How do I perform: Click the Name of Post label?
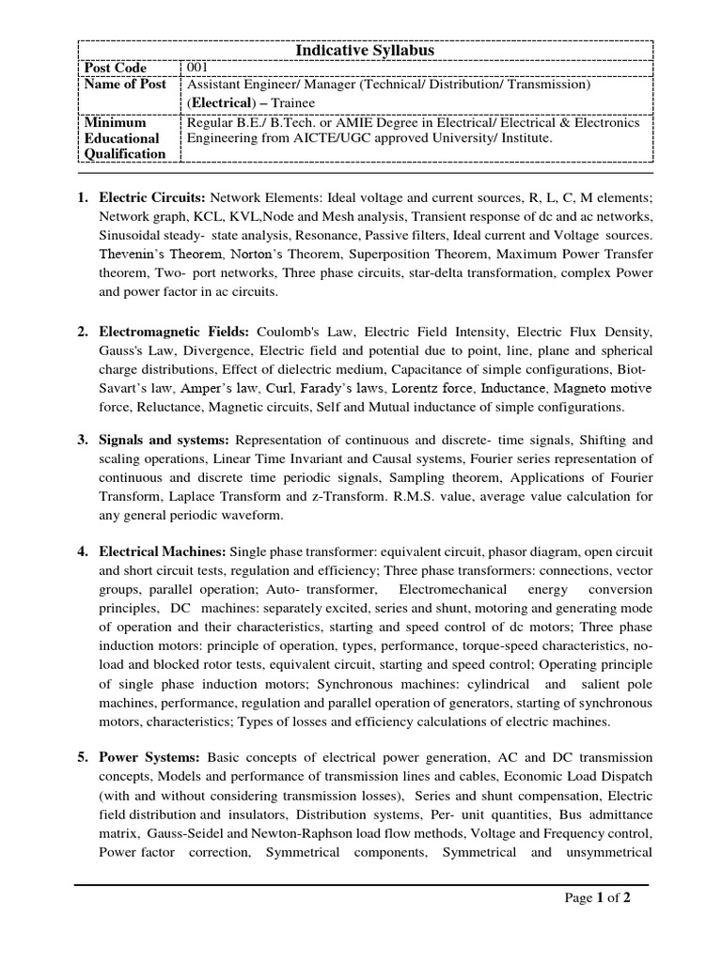[x=125, y=85]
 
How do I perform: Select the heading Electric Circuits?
[x=152, y=198]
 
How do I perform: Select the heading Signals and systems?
[x=165, y=440]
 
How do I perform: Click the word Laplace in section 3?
[x=192, y=497]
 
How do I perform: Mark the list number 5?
[x=83, y=757]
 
